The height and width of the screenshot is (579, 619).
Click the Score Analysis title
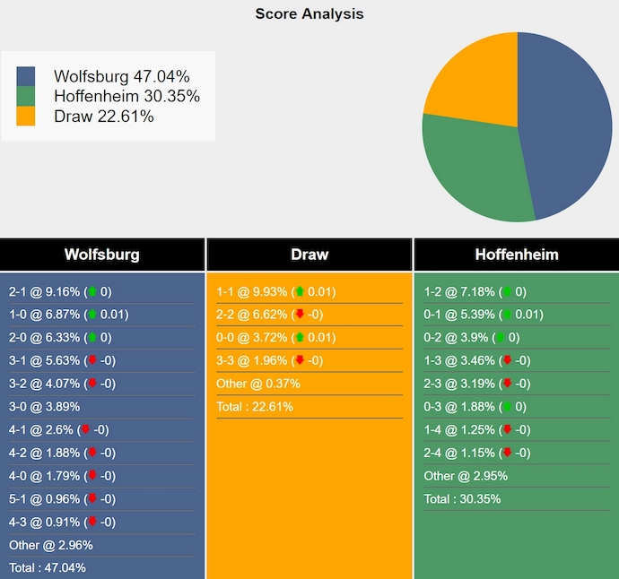309,13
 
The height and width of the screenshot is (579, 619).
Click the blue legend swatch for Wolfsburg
26,77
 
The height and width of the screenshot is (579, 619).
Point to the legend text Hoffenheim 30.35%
126,97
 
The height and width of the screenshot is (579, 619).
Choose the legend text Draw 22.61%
104,117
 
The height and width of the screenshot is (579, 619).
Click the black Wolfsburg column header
102,255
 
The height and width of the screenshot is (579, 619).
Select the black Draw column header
309,255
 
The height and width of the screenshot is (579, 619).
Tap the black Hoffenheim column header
517,255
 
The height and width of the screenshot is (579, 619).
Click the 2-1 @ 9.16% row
60,291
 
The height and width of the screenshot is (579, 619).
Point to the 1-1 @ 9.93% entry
276,291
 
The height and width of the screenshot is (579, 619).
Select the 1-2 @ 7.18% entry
475,291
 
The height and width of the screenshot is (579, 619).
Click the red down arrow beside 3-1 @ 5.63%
92,360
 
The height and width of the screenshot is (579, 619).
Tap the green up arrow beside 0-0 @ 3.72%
299,337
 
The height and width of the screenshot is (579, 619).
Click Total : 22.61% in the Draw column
255,406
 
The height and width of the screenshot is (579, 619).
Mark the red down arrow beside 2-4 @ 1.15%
507,453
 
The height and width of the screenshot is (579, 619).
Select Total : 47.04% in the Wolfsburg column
48,567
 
